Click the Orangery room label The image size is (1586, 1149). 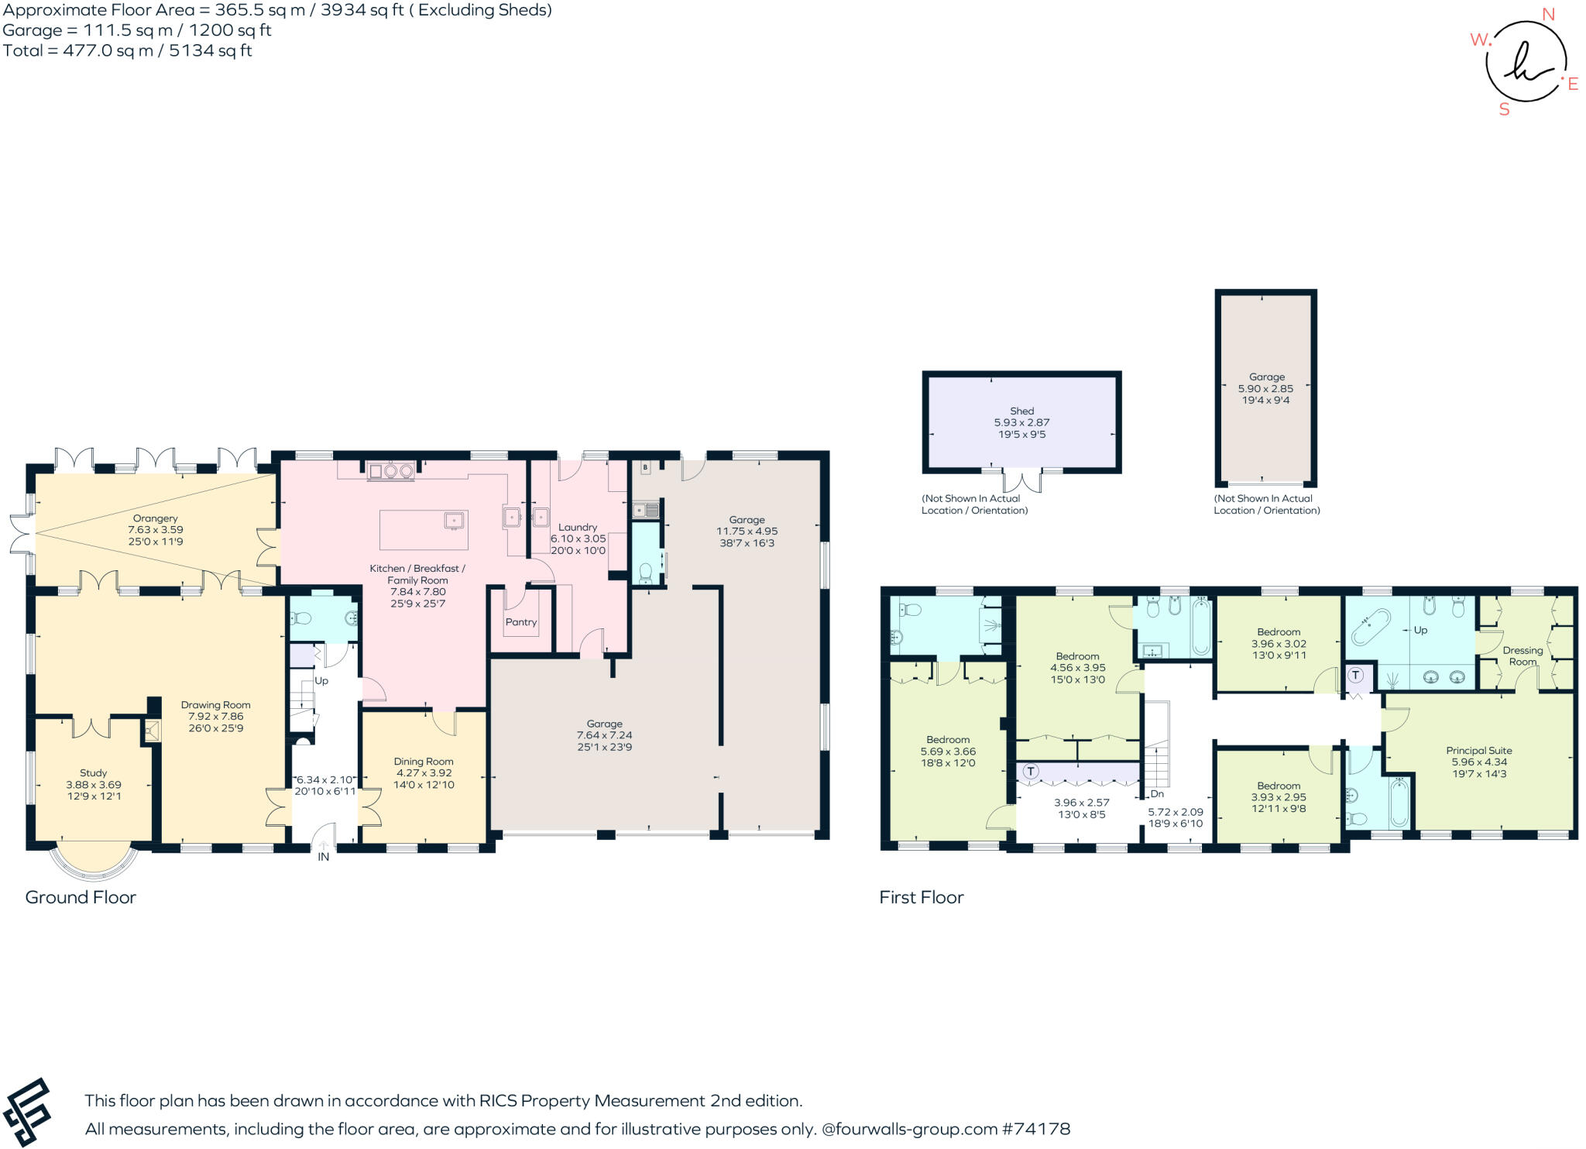coord(155,518)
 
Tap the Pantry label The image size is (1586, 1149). coord(521,622)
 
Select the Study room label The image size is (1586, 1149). coord(93,772)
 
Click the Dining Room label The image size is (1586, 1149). coord(424,761)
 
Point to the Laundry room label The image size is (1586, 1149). coord(578,527)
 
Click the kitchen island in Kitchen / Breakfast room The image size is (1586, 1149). coord(423,529)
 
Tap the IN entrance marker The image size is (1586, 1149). coord(324,856)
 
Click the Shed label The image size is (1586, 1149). coord(1021,411)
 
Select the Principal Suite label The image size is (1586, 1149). coord(1478,750)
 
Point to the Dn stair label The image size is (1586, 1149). coord(1157,793)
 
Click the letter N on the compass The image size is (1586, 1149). coord(1548,14)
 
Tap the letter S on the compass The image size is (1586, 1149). coord(1504,109)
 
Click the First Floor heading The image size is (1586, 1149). coord(921,897)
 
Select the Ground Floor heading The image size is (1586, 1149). coord(81,897)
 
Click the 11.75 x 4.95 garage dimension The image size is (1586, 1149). coord(747,531)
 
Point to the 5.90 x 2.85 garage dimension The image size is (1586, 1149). coord(1265,389)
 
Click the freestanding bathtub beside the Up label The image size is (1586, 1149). coord(1371,627)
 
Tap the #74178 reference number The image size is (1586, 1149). coord(1035,1129)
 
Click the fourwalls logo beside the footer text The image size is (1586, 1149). coord(27,1112)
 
